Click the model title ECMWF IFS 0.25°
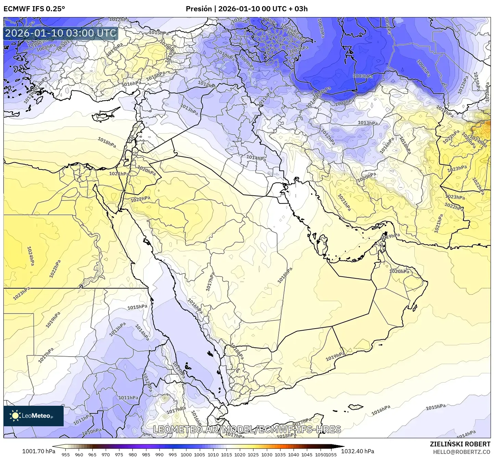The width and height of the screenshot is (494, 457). tap(34, 9)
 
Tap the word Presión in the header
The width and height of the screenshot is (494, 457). tap(199, 9)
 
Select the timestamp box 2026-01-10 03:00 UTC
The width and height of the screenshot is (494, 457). tap(61, 33)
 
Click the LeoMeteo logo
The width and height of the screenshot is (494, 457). tap(34, 416)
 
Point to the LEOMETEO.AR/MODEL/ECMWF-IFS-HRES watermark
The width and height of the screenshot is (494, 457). tap(247, 429)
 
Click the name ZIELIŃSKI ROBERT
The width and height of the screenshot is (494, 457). tap(460, 444)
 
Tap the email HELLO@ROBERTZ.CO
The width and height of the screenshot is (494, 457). tap(461, 452)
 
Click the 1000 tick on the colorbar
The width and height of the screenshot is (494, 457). tap(186, 454)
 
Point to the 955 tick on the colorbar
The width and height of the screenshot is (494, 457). tap(66, 454)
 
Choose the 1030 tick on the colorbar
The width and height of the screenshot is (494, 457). tap(267, 454)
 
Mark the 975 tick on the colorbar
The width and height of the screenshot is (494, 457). tap(119, 454)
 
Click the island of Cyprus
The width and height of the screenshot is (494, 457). tap(104, 115)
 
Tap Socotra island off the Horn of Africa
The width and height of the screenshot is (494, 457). tap(355, 407)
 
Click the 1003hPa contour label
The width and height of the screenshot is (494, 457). tap(363, 76)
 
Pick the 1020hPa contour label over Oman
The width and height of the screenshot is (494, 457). tap(399, 272)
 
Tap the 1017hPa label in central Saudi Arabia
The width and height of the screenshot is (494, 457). tap(210, 282)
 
